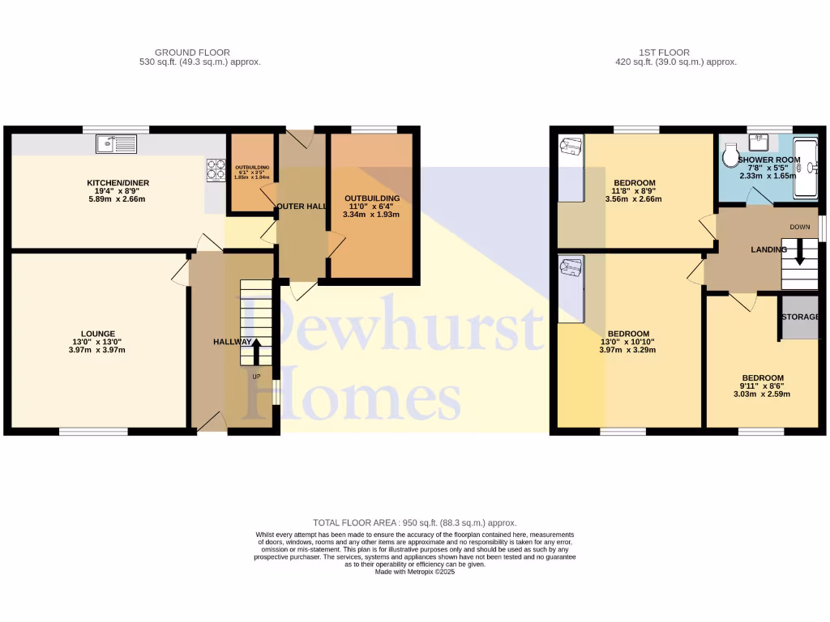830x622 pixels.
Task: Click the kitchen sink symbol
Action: pos(117,144)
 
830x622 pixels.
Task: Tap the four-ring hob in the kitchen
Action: pos(216,168)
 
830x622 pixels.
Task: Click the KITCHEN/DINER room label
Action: pos(118,183)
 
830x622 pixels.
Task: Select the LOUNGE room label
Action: pos(97,334)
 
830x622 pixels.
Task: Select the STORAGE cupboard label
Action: pos(800,317)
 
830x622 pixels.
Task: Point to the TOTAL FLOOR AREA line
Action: pos(414,523)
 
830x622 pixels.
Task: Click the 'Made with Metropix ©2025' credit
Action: pos(414,572)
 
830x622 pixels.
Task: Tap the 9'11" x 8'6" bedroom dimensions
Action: pos(763,386)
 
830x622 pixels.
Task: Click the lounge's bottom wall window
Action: pos(93,432)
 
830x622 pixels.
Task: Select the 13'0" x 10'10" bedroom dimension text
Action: pos(628,342)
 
